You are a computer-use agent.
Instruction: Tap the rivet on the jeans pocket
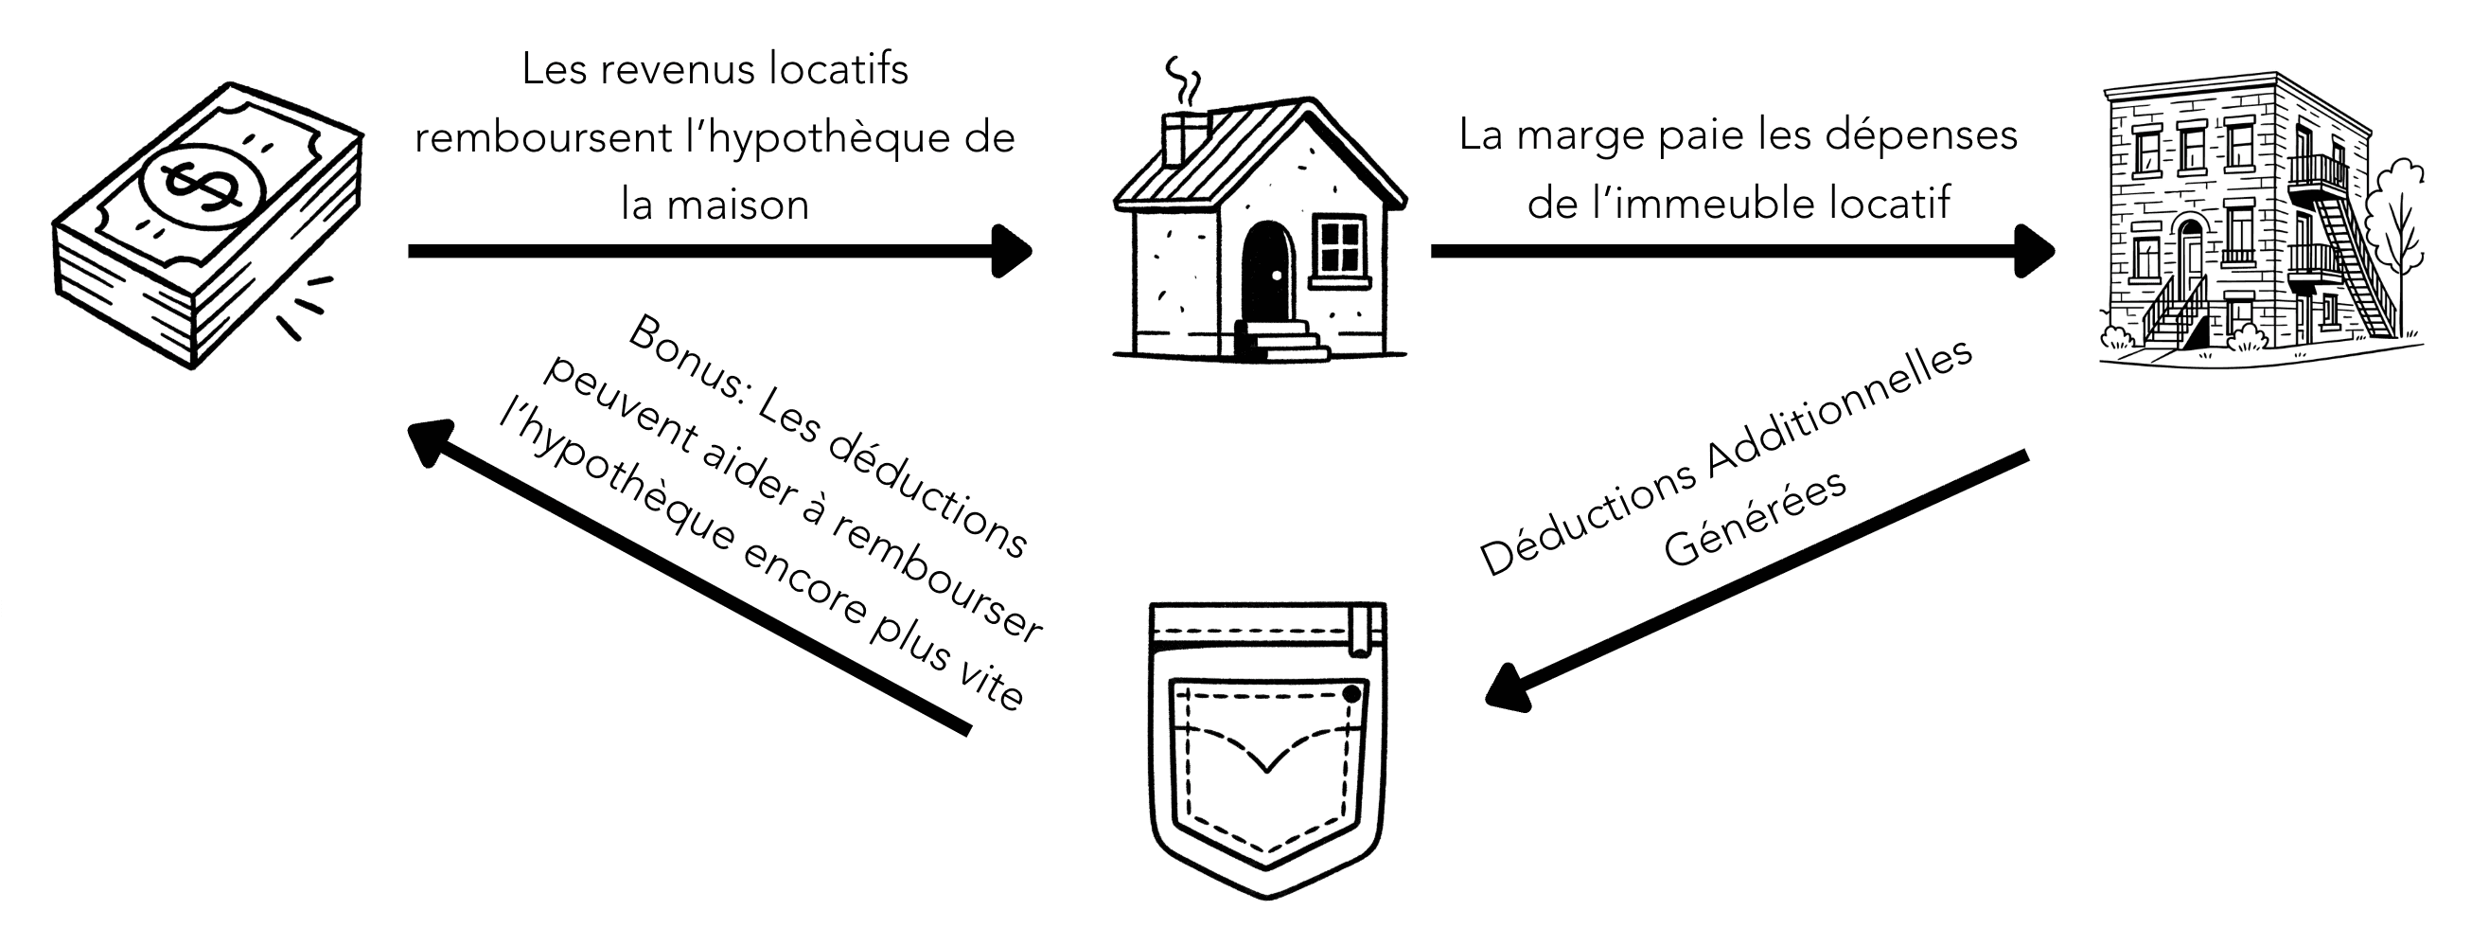[1351, 694]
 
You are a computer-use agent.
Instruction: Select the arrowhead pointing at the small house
[1013, 251]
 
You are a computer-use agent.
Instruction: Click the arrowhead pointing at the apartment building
[2035, 251]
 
